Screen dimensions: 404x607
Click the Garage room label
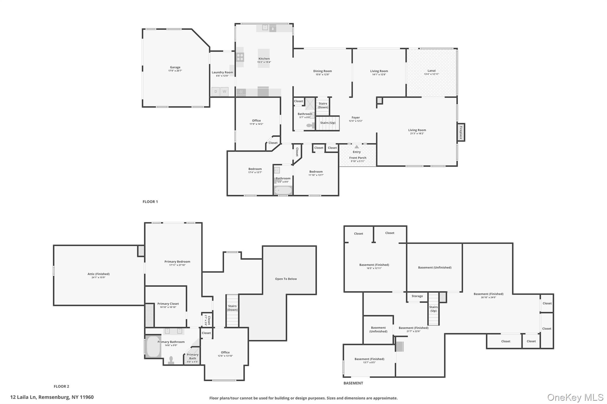[175, 67]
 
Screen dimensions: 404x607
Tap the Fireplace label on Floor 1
[461, 132]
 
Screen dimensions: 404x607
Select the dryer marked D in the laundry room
[215, 91]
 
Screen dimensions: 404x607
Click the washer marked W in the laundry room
[224, 91]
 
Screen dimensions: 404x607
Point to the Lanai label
[431, 71]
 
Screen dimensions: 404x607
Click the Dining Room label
[322, 71]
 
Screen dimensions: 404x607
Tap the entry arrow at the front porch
[357, 147]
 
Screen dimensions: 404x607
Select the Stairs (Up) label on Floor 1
[328, 123]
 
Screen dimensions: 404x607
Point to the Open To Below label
[286, 279]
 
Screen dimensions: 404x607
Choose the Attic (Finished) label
[98, 274]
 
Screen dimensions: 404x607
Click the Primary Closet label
[168, 304]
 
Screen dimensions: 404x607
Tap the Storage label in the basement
[417, 296]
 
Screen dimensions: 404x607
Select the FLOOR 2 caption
[61, 386]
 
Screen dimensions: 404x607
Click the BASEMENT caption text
[353, 383]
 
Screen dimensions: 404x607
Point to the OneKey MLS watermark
[575, 397]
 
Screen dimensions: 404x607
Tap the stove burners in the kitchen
[240, 57]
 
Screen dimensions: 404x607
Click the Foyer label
[356, 118]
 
